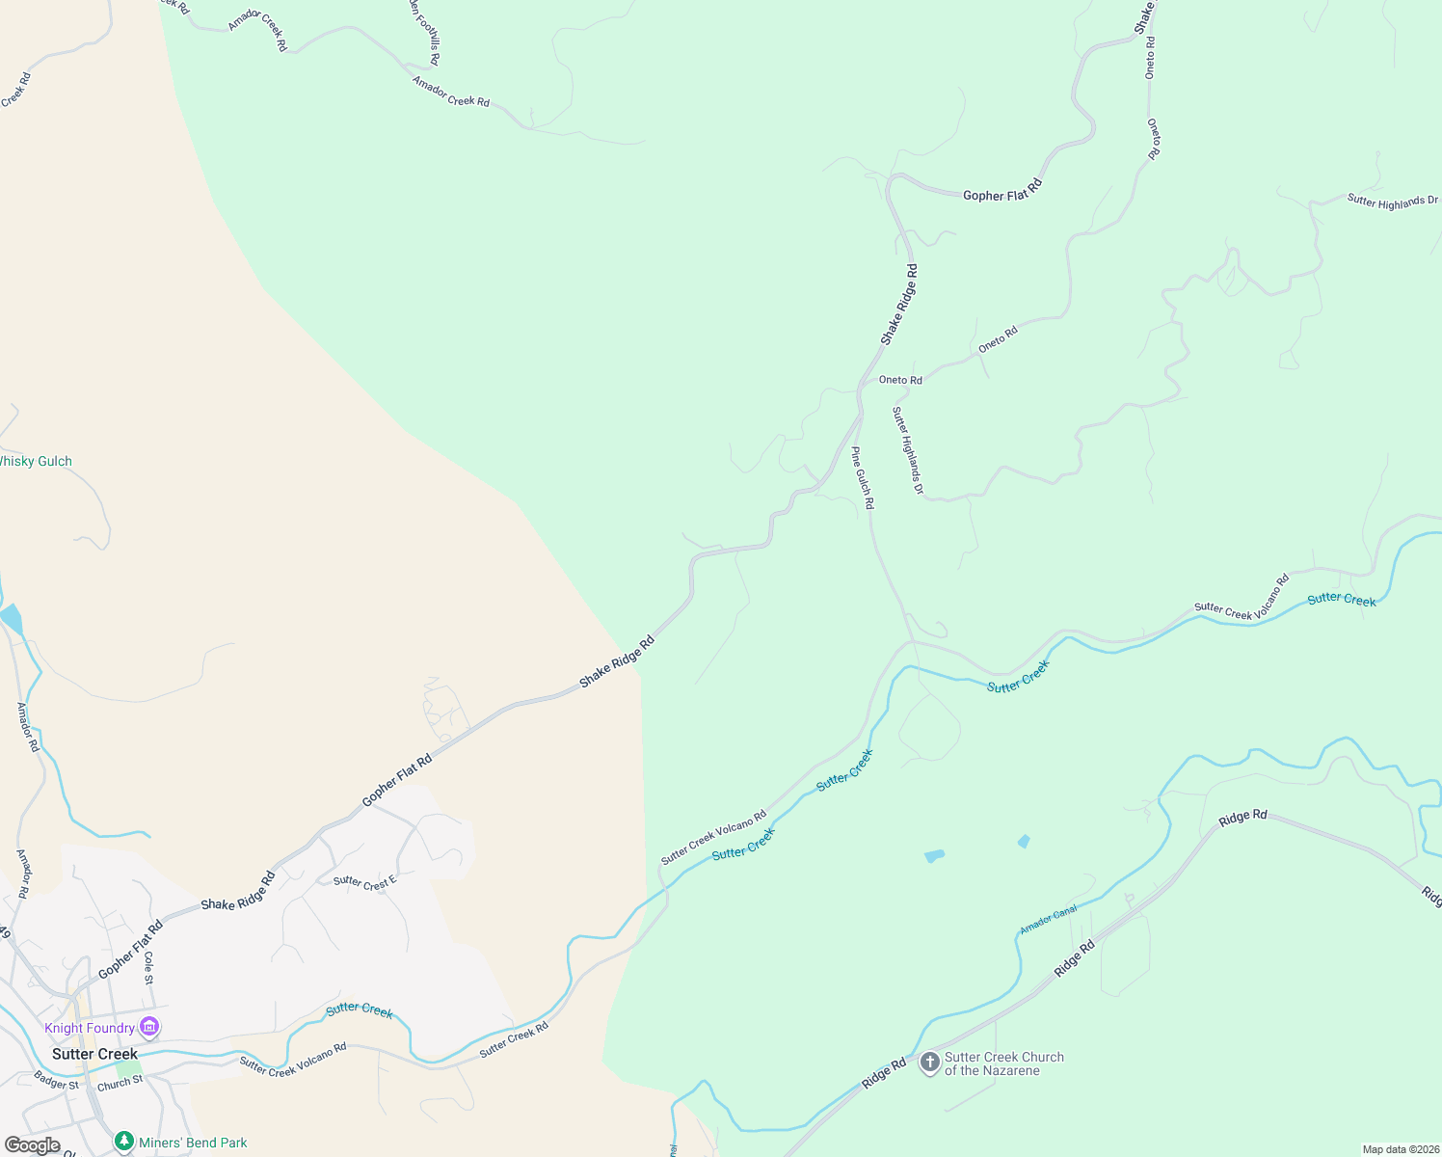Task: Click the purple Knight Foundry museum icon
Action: coord(149,1028)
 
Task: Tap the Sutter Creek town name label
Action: coord(94,1054)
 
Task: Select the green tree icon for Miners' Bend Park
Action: coord(123,1143)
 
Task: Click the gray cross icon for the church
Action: coord(929,1063)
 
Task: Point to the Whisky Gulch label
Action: coord(35,461)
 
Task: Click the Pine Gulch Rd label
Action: coord(863,477)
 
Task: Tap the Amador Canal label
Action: coord(1048,919)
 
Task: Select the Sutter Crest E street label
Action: coord(364,881)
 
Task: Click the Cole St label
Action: coord(148,968)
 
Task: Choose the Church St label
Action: coord(120,1084)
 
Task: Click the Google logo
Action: coord(32,1145)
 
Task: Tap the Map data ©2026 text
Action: coord(1401,1149)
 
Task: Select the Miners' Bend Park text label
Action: coord(193,1143)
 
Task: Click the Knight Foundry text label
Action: coord(90,1028)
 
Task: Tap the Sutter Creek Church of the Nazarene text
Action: coord(1003,1063)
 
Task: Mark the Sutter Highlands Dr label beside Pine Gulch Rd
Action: coord(907,451)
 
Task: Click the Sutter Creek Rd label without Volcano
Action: coord(514,1039)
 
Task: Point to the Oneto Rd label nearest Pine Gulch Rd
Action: coord(900,380)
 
